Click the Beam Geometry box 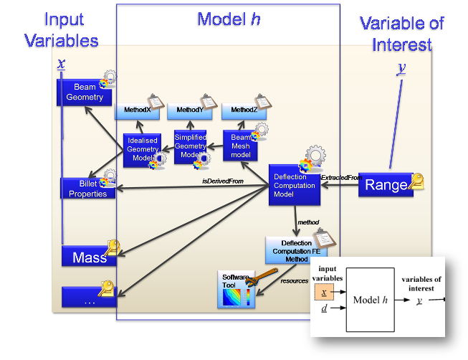coord(85,93)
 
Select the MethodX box coord(137,111)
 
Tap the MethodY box coord(189,111)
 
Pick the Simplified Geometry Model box coord(191,146)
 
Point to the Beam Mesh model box coord(240,146)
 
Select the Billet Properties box coord(87,189)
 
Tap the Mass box coord(89,257)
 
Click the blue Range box coord(386,185)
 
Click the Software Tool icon coord(236,289)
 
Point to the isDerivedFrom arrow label coord(223,181)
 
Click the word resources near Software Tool coord(295,281)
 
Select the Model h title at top coord(229,19)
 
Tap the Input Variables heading coord(61,31)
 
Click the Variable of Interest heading coord(402,34)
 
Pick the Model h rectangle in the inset coord(371,300)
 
